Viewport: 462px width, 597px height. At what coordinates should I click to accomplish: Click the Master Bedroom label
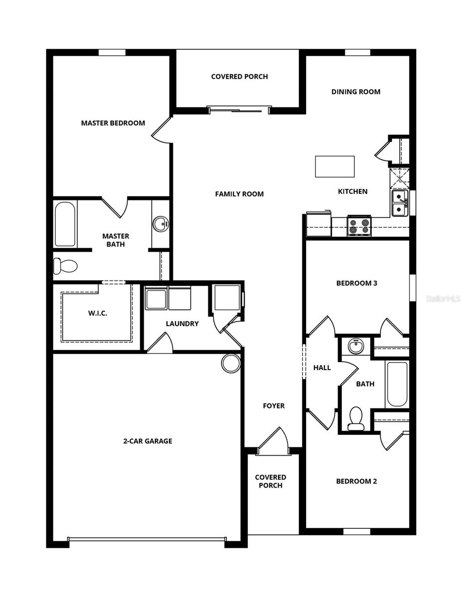tap(113, 123)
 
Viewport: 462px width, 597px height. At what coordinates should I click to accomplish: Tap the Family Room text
tap(239, 194)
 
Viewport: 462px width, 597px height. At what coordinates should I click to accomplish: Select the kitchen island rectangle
tap(335, 167)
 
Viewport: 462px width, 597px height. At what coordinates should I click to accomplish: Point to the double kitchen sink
tap(400, 203)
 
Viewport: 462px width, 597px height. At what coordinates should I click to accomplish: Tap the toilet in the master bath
tap(65, 266)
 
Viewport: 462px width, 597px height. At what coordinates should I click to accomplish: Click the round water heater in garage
tap(231, 363)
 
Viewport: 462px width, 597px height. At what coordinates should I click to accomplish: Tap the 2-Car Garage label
tap(148, 441)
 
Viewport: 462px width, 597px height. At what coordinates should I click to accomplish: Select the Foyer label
tap(274, 406)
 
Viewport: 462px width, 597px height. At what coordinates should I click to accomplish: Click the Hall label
tap(322, 368)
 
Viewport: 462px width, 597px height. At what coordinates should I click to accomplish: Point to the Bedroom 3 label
tap(356, 284)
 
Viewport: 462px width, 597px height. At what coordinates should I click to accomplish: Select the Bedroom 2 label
tap(356, 481)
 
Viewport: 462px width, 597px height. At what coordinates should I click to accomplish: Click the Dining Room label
tap(356, 92)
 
